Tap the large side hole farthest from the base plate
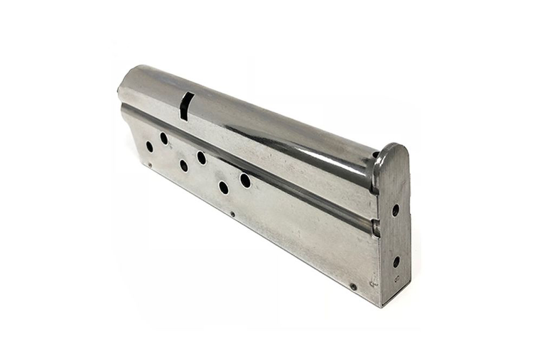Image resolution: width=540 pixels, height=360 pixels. (x=150, y=146)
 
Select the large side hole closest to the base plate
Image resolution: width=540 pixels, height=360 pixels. (x=245, y=180)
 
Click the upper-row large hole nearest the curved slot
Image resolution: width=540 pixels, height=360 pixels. (x=164, y=138)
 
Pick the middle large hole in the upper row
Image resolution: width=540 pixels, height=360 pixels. (x=201, y=158)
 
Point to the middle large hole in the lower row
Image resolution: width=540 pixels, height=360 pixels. (x=184, y=166)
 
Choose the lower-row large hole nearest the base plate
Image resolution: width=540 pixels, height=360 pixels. (x=223, y=187)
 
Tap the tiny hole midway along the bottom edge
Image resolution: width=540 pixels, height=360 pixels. (x=233, y=214)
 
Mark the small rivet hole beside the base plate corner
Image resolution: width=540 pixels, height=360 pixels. (x=353, y=287)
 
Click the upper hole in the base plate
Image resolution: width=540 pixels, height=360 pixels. (x=395, y=210)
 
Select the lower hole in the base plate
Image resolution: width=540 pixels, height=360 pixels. (x=396, y=262)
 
